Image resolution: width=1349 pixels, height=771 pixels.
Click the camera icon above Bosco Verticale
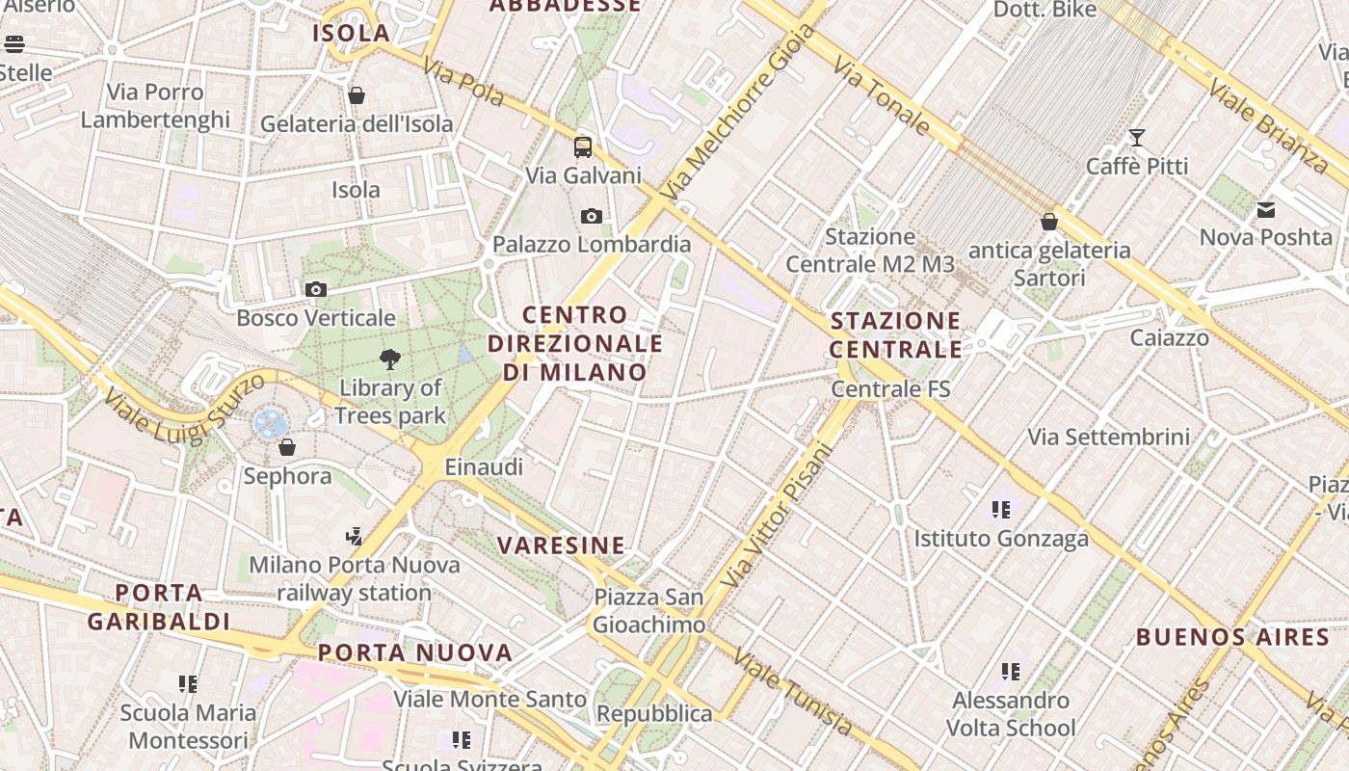click(x=315, y=289)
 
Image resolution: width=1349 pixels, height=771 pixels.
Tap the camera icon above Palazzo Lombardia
click(x=592, y=216)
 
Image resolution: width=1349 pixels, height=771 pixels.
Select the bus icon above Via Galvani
click(x=583, y=146)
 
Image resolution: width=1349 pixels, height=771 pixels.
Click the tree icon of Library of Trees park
click(x=390, y=359)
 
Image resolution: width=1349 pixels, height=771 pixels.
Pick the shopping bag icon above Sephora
click(x=287, y=447)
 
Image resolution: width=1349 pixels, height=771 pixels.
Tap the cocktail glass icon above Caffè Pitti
click(x=1137, y=138)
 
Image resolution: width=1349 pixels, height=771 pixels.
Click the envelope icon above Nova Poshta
click(x=1266, y=209)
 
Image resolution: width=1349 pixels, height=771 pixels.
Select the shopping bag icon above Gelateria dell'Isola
click(x=357, y=95)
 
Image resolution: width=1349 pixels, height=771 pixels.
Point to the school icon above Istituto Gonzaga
click(x=1001, y=509)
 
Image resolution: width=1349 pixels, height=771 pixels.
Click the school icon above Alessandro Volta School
click(x=1011, y=671)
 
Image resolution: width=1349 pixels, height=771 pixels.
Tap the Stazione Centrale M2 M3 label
click(x=870, y=251)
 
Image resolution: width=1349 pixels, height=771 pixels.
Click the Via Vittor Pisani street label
click(x=775, y=516)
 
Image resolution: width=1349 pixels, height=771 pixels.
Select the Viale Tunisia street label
click(x=793, y=692)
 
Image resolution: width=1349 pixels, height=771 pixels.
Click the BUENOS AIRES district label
click(x=1232, y=637)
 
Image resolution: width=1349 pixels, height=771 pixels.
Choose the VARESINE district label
click(x=562, y=545)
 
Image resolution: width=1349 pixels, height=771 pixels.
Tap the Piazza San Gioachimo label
click(x=648, y=611)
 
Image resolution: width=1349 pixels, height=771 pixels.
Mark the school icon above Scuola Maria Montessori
click(x=188, y=684)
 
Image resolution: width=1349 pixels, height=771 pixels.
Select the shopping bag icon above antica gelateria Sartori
click(x=1049, y=222)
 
